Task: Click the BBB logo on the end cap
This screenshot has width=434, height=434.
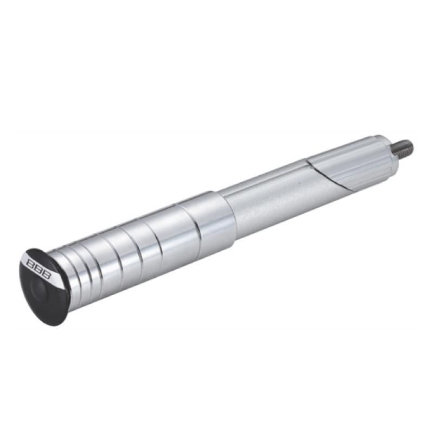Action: coord(39,267)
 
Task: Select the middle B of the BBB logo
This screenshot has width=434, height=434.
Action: coord(39,267)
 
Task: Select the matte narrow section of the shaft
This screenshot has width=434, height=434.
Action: coord(279,202)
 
